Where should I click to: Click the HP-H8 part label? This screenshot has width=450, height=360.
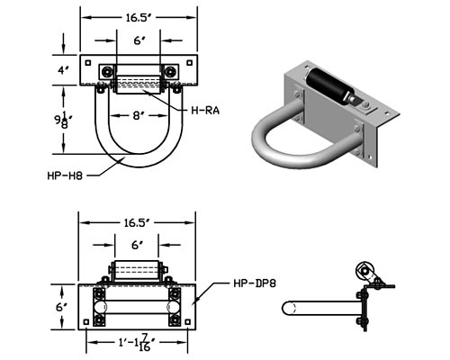pos(65,175)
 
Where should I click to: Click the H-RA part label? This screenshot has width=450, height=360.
pos(205,111)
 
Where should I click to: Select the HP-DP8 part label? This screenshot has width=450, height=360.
pos(255,283)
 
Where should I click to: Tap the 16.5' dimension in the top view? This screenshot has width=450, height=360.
pos(138,18)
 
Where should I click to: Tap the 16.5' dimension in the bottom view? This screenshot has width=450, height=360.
pos(137,223)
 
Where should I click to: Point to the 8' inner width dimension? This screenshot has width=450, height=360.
pos(137,116)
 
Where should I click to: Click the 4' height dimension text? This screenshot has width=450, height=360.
pos(63,70)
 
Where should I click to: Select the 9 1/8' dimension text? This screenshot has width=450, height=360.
pos(63,119)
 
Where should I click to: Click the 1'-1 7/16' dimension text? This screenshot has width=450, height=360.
pos(137,343)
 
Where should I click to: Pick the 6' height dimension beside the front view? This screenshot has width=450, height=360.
pos(62,307)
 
